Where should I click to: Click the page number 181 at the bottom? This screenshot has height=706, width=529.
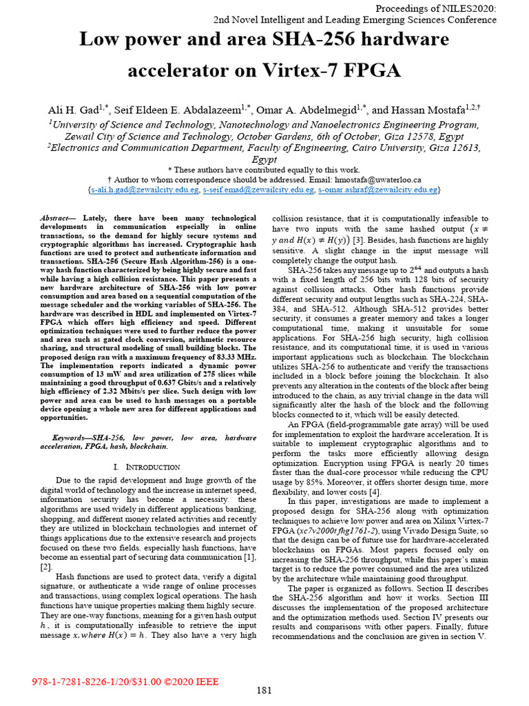pos(264,690)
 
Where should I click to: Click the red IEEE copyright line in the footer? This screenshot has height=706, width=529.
pos(125,682)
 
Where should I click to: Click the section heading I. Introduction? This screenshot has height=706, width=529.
pos(146,467)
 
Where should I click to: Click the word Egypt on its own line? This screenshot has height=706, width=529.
pos(264,158)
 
